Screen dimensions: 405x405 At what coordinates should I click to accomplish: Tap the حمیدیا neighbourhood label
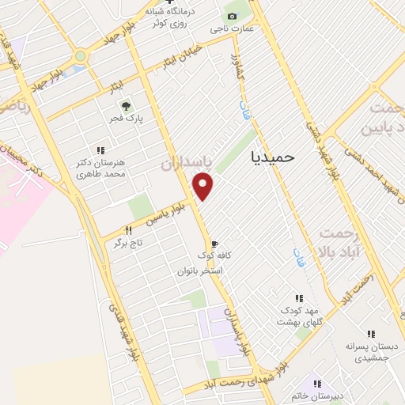pos(271,157)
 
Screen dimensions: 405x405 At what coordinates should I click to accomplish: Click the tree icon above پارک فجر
pos(123,106)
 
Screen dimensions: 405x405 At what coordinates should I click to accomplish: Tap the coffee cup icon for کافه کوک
pos(213,243)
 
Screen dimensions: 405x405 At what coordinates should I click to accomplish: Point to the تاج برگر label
pos(117,244)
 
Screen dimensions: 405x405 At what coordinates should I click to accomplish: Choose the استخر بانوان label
pos(202,271)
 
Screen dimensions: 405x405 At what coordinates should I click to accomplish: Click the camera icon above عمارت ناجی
pos(232,16)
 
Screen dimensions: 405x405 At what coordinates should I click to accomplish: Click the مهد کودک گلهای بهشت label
pos(299,316)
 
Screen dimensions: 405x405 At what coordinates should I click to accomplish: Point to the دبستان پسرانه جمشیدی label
pos(371,353)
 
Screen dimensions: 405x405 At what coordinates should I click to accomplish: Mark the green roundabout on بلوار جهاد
pos(81,56)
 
